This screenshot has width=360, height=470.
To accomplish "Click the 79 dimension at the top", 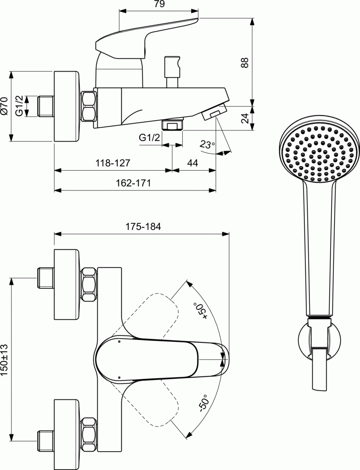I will click(159, 4).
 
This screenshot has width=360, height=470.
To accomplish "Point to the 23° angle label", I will click(207, 144).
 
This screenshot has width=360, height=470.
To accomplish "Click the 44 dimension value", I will click(192, 163).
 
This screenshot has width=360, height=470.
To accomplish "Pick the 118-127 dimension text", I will click(113, 163).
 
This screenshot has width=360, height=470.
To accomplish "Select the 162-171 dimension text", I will click(133, 183).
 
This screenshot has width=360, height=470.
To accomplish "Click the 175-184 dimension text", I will click(143, 226).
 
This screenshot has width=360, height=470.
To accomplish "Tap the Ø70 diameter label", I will click(5, 106).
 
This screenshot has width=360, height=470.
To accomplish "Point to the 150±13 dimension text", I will click(5, 361).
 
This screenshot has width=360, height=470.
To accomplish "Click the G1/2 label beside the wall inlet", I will click(19, 106).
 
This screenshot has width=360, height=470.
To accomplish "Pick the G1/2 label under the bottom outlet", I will click(149, 138).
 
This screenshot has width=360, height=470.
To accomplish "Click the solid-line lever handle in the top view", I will click(161, 358).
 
